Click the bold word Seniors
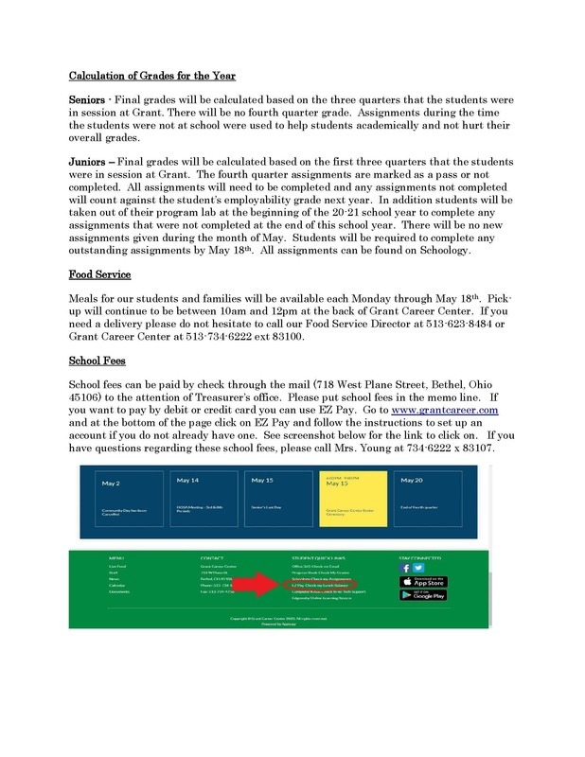pos(88,98)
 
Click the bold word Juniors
pos(88,161)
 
